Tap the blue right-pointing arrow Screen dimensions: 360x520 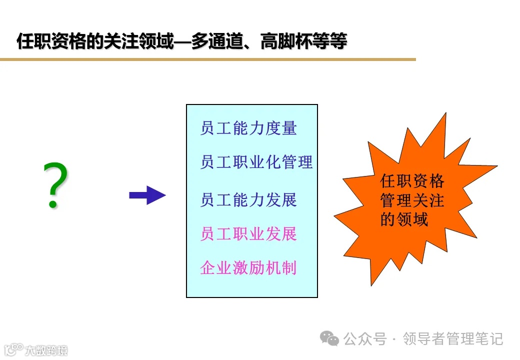pyautogui.click(x=147, y=195)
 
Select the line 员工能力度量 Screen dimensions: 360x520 pyautogui.click(x=248, y=128)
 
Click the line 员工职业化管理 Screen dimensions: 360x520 pyautogui.click(x=256, y=162)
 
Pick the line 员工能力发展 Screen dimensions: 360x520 pyautogui.click(x=248, y=199)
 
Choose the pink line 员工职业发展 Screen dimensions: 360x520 pyautogui.click(x=248, y=233)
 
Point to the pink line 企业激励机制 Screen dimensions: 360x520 pyautogui.click(x=248, y=267)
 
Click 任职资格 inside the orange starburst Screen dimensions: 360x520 pyautogui.click(x=412, y=181)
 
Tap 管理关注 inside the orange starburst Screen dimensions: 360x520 pyautogui.click(x=412, y=200)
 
